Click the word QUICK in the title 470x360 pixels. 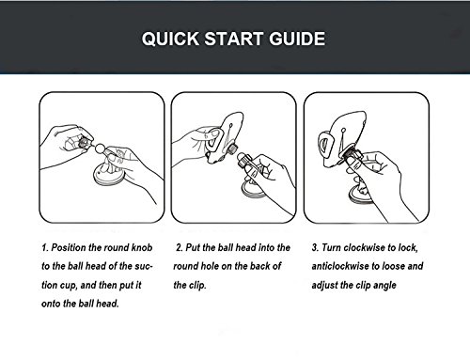170,39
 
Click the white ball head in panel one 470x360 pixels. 100,148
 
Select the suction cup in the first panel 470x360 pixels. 109,178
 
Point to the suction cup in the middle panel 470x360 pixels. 253,190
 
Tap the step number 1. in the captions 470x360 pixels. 45,247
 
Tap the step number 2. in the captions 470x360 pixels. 180,247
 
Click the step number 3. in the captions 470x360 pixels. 315,247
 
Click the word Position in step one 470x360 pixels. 69,247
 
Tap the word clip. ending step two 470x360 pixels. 197,286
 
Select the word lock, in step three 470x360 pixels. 408,247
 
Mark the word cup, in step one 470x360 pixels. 69,286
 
